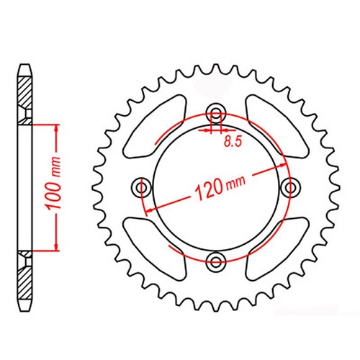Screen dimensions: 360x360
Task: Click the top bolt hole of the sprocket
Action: click(215, 114)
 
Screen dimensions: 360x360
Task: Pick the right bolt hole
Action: click(290, 187)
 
